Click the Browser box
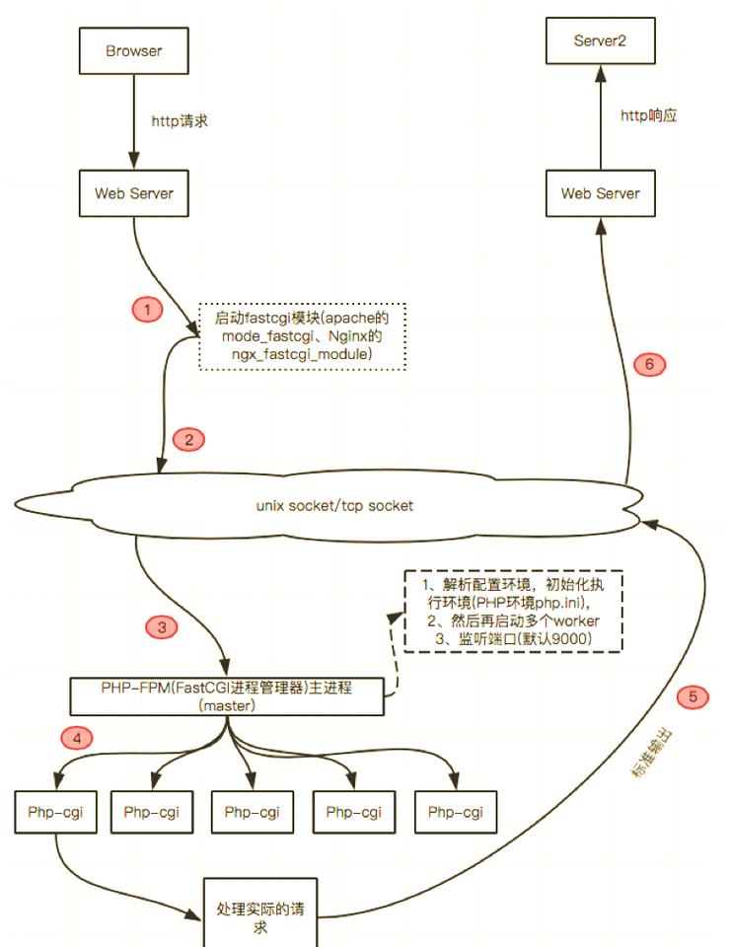point(133,50)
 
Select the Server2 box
point(601,40)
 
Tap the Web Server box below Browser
point(133,193)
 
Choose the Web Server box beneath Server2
point(601,193)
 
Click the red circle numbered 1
point(147,310)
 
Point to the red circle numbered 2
point(188,439)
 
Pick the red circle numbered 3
point(162,627)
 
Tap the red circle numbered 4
point(77,738)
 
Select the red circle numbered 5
point(693,696)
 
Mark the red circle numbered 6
point(649,364)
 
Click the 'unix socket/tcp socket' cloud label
point(334,505)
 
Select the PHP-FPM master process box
point(227,696)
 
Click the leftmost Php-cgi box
point(55,812)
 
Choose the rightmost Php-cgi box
point(456,812)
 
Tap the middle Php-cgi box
point(252,812)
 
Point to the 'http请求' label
point(180,120)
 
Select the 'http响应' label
point(649,115)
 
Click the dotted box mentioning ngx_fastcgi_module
point(302,336)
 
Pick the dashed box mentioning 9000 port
point(513,611)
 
